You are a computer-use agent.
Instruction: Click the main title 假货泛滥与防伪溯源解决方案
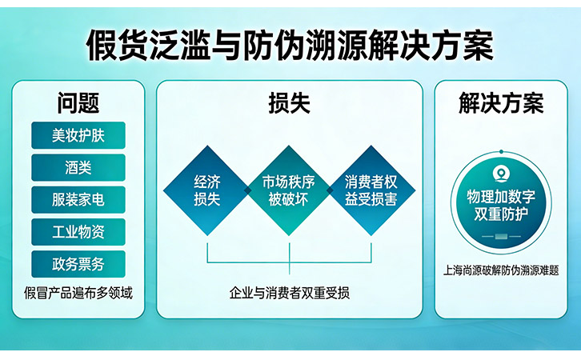(290, 45)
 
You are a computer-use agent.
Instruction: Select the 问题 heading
(78, 103)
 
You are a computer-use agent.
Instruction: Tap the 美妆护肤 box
(78, 135)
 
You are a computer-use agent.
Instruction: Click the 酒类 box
(78, 167)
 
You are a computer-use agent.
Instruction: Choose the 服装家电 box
(78, 199)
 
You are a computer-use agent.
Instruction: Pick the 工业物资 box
(78, 232)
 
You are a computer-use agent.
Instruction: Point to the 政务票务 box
(78, 263)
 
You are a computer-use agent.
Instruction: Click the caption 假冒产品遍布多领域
(78, 292)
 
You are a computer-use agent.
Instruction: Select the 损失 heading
(289, 103)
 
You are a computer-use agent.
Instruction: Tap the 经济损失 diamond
(207, 190)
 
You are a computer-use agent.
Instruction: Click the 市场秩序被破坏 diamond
(289, 190)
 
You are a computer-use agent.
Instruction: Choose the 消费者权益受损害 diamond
(371, 190)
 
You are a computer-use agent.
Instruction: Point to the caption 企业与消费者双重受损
(289, 293)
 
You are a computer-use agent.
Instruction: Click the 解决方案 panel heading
(501, 103)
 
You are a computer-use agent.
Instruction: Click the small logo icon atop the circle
(501, 173)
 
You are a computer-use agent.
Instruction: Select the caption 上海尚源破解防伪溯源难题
(501, 270)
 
